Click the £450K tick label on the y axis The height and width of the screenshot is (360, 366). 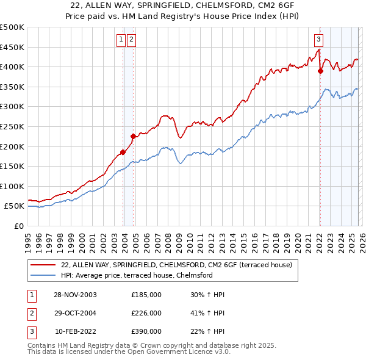click(12, 47)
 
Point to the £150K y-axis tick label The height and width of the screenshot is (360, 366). click(12, 166)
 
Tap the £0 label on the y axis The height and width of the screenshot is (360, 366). click(18, 226)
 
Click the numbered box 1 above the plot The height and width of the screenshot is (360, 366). click(121, 40)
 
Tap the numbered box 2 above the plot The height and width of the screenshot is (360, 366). click(132, 40)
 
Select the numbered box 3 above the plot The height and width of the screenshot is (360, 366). click(318, 40)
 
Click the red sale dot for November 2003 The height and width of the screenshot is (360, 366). click(123, 152)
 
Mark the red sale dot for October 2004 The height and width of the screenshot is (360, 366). click(133, 136)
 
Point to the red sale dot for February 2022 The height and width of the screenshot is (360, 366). click(320, 71)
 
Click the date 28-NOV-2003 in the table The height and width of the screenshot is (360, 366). click(75, 295)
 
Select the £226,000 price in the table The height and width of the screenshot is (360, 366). click(146, 313)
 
